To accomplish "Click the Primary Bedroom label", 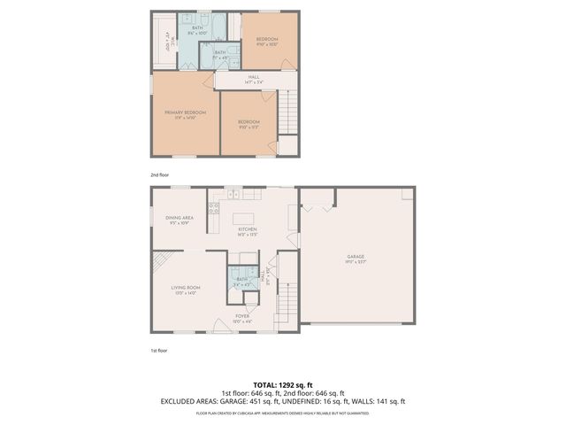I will click(185, 112).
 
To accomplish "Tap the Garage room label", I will click(355, 258).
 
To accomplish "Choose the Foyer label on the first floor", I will click(241, 316).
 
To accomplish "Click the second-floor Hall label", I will click(254, 78).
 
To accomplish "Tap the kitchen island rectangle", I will click(244, 218).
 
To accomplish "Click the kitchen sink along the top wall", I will click(233, 193).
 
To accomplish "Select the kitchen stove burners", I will click(213, 209).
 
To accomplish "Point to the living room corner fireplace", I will click(160, 261).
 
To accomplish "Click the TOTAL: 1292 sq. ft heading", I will click(282, 384).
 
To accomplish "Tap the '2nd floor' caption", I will click(159, 174).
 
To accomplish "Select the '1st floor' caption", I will click(159, 351).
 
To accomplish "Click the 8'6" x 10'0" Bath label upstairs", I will click(197, 29).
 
